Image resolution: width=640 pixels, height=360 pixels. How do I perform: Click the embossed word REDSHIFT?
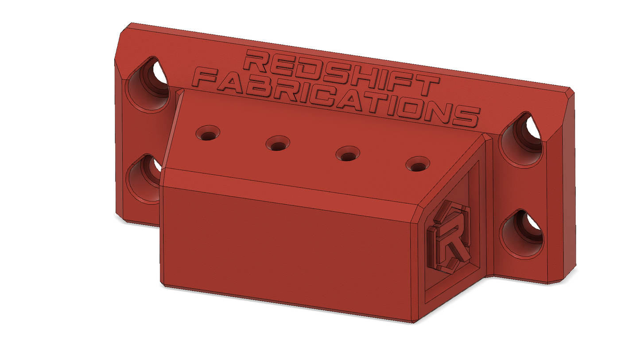[341, 73]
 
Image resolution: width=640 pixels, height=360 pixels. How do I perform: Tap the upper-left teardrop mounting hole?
[147, 84]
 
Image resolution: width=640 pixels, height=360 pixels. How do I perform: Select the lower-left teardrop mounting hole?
[144, 179]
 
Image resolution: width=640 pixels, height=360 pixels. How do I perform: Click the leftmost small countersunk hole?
[208, 133]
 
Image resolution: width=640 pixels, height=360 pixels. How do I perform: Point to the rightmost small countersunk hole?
[418, 164]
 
